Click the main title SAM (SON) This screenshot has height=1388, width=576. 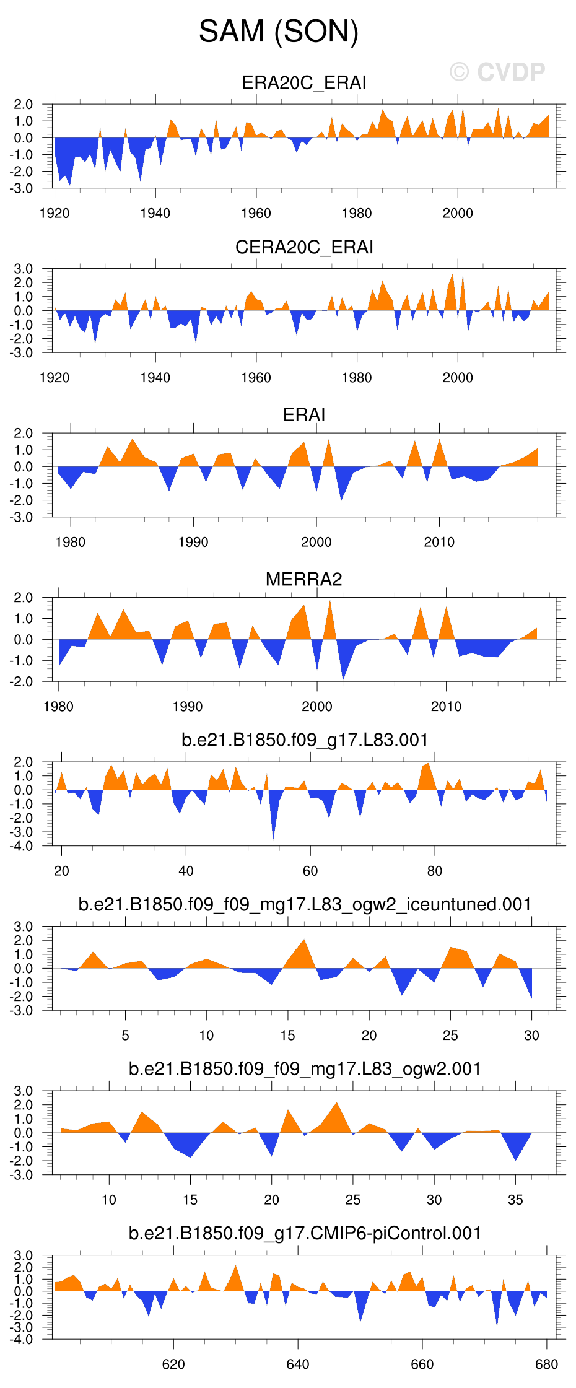tap(279, 31)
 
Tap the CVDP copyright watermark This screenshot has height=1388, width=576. tap(497, 72)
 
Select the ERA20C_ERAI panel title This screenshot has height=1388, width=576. tap(304, 83)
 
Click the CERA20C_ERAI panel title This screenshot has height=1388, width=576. tap(304, 247)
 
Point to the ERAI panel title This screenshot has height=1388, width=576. tap(304, 414)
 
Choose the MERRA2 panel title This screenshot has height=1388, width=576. tap(304, 579)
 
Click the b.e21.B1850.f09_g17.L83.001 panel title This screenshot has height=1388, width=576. tap(305, 740)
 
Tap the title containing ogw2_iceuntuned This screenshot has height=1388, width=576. tap(305, 904)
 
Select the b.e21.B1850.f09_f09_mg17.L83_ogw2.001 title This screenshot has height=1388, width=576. tap(305, 1068)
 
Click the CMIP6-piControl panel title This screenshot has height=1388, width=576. tap(305, 1233)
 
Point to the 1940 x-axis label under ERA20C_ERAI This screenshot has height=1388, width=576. tap(155, 213)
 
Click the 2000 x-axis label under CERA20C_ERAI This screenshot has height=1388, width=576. tap(458, 377)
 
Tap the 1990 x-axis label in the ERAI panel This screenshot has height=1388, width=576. tap(193, 542)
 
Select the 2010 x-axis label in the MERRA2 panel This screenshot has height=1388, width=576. tap(446, 706)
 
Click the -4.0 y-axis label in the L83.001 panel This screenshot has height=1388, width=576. tap(23, 846)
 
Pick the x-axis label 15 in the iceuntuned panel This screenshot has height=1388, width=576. tap(287, 1035)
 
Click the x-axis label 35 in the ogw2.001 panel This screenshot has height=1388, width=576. tap(515, 1200)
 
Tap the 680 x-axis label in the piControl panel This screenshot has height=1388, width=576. tap(546, 1364)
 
